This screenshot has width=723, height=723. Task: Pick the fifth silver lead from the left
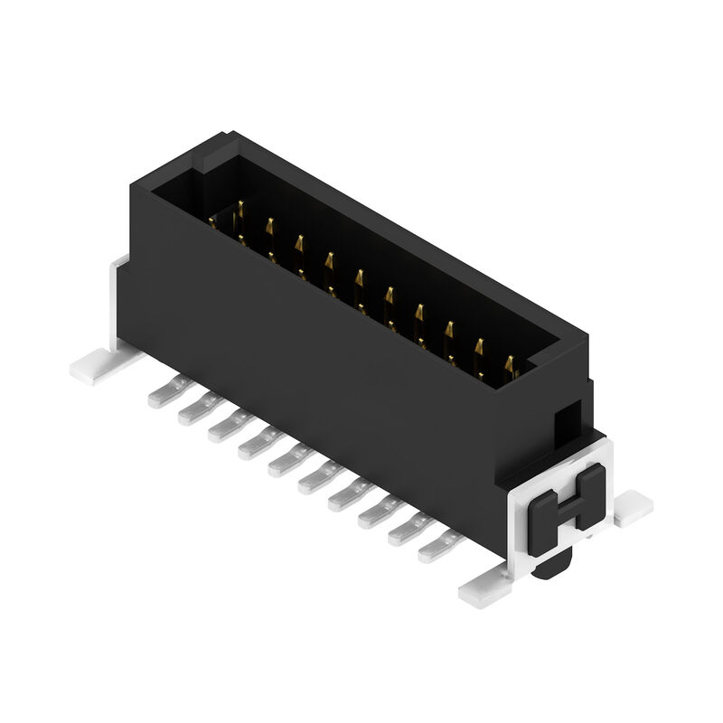(283, 460)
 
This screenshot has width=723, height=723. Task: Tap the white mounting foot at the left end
(95, 365)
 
